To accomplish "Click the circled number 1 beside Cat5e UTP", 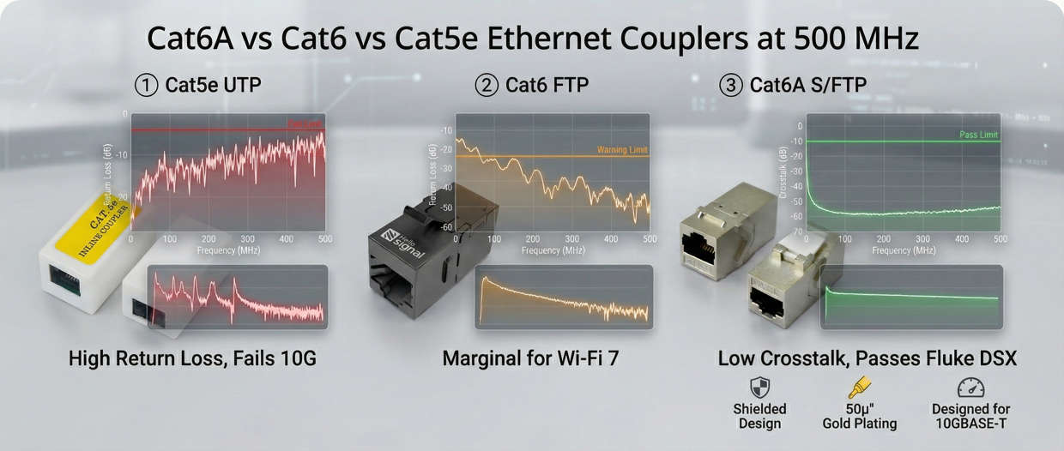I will tap(147, 86).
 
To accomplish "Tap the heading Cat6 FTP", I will tap(547, 86).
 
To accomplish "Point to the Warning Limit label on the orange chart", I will tap(622, 150).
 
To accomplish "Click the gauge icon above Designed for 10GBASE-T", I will tap(970, 387).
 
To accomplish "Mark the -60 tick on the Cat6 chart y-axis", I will tap(446, 227).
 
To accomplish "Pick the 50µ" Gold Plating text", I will tap(859, 417).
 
